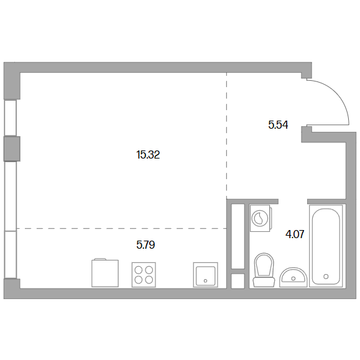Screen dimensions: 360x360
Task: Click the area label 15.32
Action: coord(148,155)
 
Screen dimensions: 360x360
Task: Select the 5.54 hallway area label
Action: coord(278,125)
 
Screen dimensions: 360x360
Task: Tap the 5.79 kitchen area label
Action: coord(145,245)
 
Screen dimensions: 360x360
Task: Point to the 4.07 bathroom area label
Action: coord(295,234)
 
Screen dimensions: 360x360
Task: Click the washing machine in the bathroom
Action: coord(261,218)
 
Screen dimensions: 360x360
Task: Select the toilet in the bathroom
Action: coord(264,270)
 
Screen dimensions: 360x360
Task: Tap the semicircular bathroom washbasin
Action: coord(293,277)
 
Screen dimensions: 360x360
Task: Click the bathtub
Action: coord(326,246)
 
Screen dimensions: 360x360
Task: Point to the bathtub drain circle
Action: coord(326,277)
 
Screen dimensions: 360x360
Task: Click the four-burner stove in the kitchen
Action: coord(144,275)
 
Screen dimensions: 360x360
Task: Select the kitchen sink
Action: coord(205,275)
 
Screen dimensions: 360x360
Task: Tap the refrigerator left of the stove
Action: coord(105,273)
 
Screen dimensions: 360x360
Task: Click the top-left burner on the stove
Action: coord(139,270)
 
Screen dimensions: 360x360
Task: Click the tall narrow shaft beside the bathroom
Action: coord(238,236)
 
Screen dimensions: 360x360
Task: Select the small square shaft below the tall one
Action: coord(238,281)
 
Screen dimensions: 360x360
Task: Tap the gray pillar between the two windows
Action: coord(12,149)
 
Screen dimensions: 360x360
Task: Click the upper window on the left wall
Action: coord(10,118)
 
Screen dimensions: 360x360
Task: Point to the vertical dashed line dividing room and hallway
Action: coord(226,136)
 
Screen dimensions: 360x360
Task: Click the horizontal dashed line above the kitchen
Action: coord(122,228)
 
